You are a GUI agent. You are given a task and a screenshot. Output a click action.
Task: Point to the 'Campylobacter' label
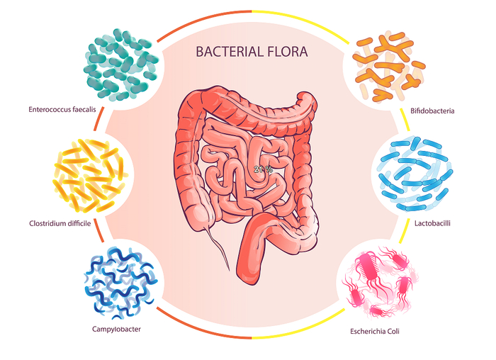(116, 329)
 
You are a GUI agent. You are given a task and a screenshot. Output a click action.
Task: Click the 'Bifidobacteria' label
(432, 111)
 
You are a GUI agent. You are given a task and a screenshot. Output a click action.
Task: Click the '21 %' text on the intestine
(263, 169)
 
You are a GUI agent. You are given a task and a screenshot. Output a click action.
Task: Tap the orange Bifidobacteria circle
(389, 65)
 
